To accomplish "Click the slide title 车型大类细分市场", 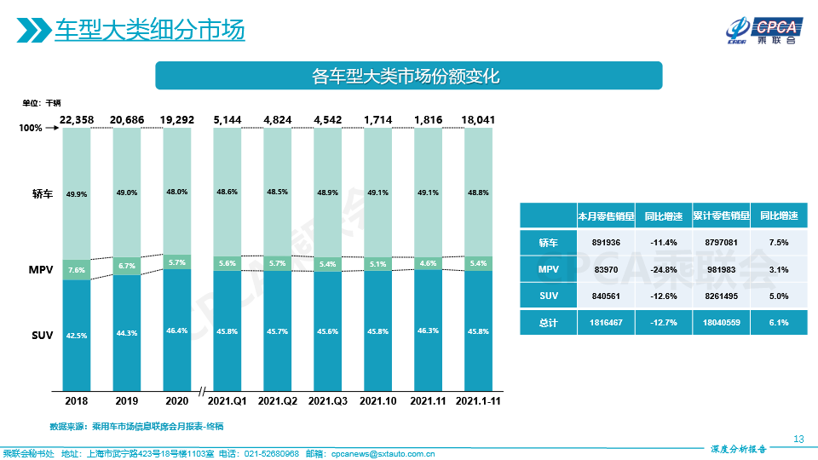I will [149, 30].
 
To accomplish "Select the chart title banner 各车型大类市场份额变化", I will [408, 76].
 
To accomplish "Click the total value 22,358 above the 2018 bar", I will [77, 120].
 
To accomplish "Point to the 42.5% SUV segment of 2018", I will [77, 336].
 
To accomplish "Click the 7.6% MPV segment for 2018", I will [77, 270].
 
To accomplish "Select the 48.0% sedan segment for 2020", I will [177, 193].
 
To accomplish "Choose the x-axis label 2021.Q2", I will [277, 400].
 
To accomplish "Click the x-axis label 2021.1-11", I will [478, 400].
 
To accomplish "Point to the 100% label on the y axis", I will [31, 129].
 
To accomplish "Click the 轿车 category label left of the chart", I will [43, 194].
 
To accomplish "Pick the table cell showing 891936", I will [606, 243].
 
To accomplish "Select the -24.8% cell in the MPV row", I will [663, 269].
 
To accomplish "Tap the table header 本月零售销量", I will [606, 216].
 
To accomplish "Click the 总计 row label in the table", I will [548, 323].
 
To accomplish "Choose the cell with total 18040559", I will [721, 323].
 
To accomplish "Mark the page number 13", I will [798, 439].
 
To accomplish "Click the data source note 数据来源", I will [136, 425].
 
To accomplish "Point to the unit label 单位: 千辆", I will [42, 103].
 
